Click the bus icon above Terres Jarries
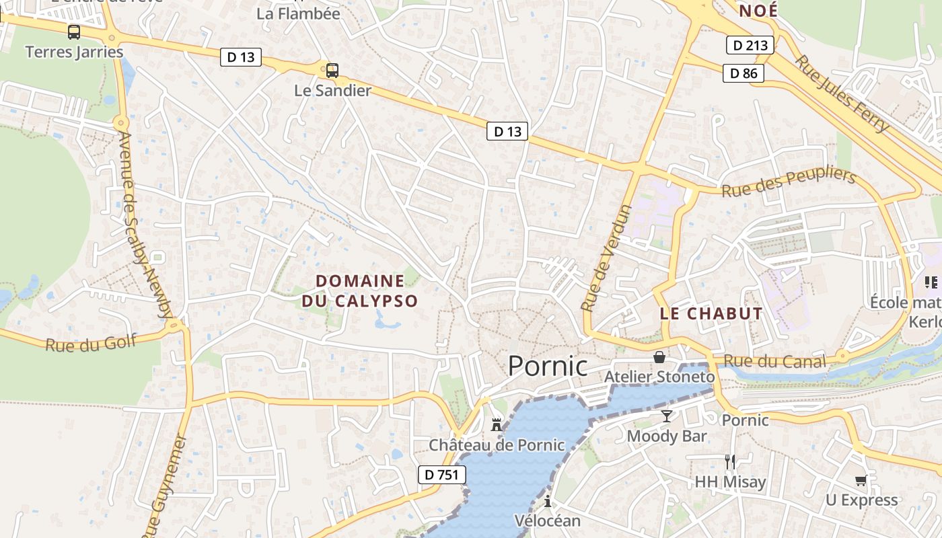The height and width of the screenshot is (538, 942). (74, 32)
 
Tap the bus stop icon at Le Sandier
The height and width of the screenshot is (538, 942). (332, 70)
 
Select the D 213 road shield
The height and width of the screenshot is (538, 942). (750, 46)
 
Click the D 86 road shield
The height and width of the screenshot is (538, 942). (744, 73)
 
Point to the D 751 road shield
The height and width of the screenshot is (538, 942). (441, 475)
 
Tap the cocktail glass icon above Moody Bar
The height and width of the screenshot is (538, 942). (666, 416)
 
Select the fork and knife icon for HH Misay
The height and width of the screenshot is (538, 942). (730, 461)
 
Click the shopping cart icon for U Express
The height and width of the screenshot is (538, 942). (861, 480)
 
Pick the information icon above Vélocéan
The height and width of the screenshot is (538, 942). (547, 501)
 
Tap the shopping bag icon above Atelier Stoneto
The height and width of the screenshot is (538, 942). (659, 356)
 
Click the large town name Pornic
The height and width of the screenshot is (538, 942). (547, 367)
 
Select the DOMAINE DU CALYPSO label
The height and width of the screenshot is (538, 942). (360, 291)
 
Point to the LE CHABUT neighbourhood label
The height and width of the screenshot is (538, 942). (711, 313)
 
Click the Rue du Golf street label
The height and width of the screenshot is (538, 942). (91, 344)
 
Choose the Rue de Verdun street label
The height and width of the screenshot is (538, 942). (607, 258)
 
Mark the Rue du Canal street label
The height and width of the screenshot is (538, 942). (775, 362)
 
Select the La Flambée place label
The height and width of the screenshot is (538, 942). (299, 13)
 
